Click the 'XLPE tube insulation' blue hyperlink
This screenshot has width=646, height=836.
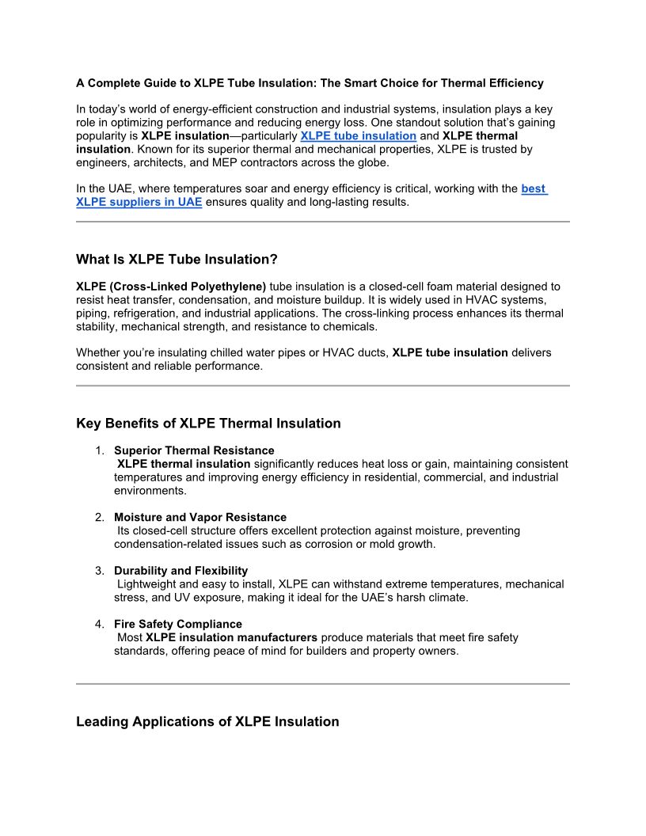coord(358,136)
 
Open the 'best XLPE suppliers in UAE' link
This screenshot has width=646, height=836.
coord(139,202)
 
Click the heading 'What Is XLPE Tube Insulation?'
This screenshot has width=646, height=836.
coord(177,260)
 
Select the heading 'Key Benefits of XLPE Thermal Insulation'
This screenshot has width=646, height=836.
coord(208,424)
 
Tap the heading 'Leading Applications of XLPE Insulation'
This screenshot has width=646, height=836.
coord(207,722)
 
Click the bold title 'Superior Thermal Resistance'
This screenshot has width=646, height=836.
coord(194,450)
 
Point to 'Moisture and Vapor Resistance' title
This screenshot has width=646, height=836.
coord(200,518)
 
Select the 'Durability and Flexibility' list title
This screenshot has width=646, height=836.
coord(180,571)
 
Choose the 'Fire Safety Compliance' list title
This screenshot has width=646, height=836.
coord(178,625)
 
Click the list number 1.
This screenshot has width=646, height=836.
coord(100,450)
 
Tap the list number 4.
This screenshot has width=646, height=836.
coord(100,625)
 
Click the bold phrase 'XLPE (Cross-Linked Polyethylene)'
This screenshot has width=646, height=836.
coord(171,286)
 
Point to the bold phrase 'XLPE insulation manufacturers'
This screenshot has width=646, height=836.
coord(232,637)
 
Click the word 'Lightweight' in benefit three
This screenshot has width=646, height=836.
coord(147,584)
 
